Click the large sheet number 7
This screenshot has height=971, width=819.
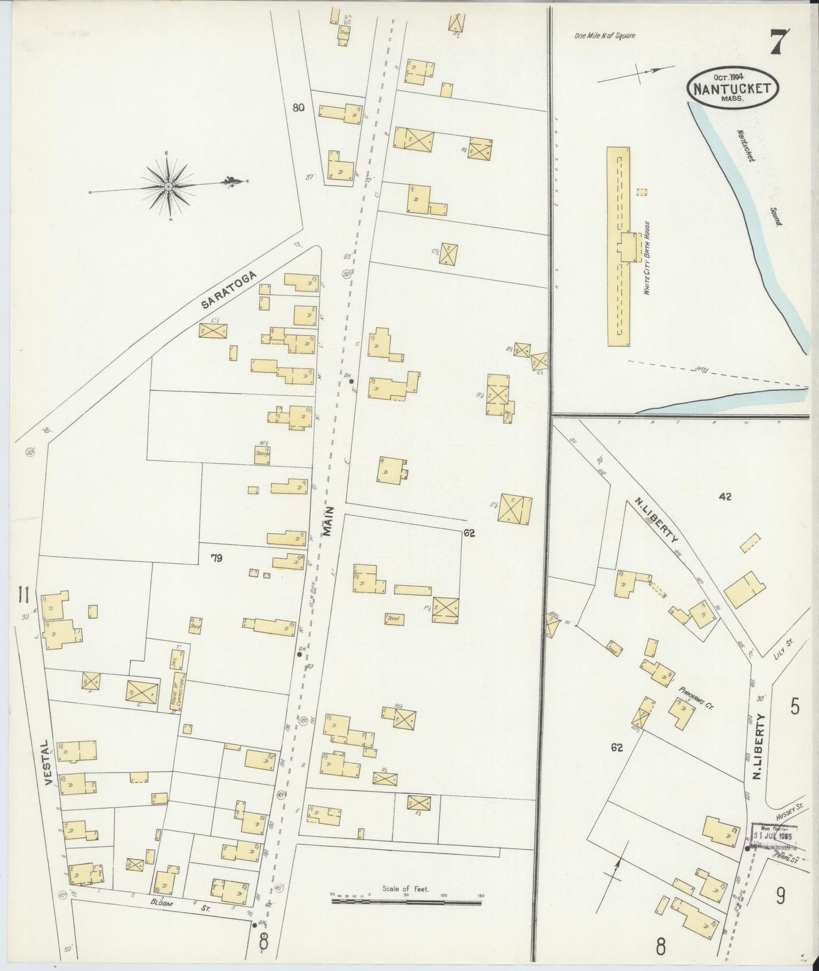782,42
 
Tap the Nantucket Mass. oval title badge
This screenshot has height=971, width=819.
733,88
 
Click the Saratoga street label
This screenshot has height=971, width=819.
229,289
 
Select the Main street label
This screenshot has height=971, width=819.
328,521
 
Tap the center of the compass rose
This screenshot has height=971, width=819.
168,185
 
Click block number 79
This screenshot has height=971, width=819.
216,558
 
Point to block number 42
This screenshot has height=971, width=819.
725,497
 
